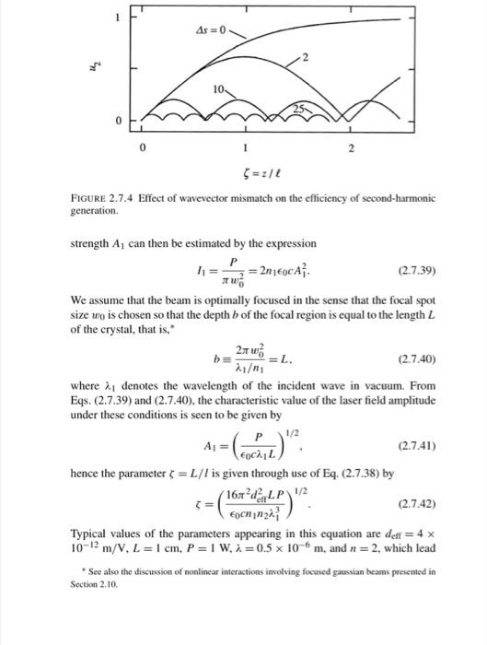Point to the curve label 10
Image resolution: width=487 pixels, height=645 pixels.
tap(216, 90)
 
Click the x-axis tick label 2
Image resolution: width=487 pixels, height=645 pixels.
tap(350, 147)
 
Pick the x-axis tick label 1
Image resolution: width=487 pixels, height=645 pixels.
tap(246, 147)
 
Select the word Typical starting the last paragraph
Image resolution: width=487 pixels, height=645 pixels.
tap(89, 534)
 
